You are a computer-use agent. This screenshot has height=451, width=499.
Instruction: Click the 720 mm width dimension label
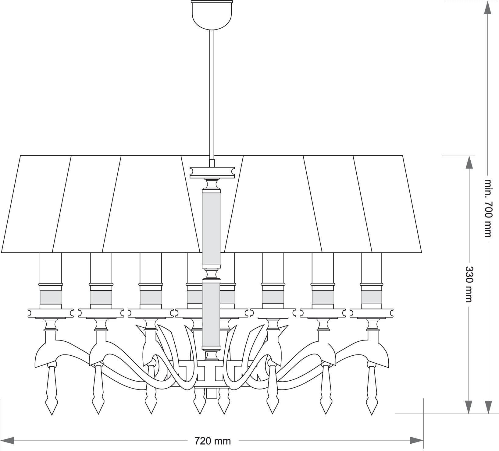(x=212, y=440)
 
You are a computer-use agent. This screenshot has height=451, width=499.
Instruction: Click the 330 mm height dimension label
(x=469, y=284)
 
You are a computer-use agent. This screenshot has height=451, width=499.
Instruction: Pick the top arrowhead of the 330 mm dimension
(x=469, y=163)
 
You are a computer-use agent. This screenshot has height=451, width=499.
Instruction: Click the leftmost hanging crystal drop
(x=51, y=390)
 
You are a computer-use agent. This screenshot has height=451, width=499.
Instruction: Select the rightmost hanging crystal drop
(x=372, y=390)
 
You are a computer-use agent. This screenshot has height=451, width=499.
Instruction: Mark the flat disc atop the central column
(x=212, y=172)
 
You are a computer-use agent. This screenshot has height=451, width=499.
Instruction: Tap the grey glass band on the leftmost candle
(x=51, y=297)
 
